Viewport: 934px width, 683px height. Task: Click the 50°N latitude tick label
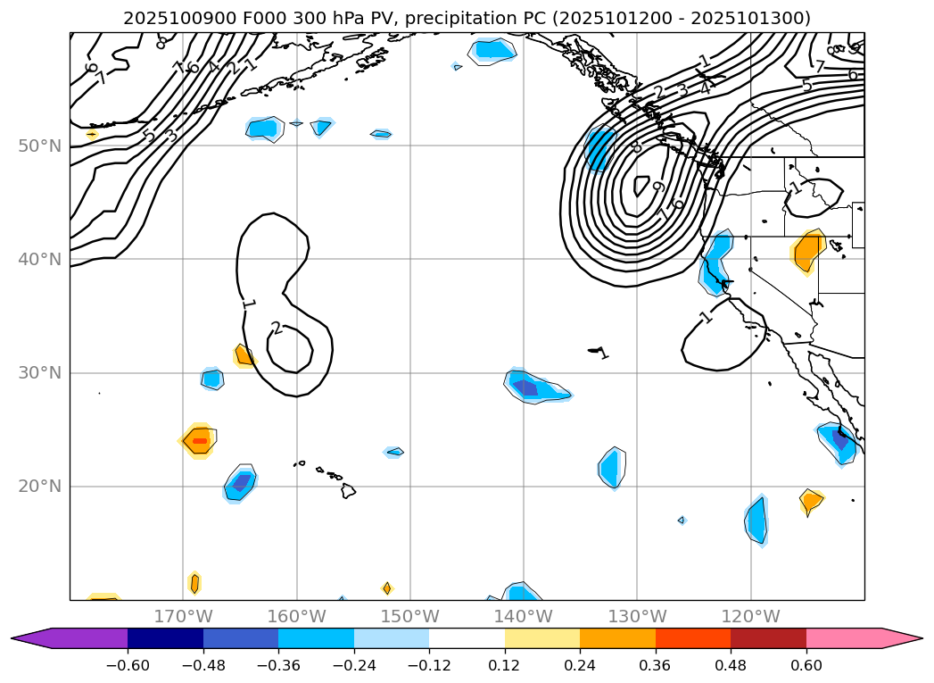click(39, 146)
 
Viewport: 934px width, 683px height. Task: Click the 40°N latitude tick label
click(39, 260)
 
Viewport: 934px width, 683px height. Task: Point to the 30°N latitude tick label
click(39, 373)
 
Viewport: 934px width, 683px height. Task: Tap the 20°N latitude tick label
click(39, 487)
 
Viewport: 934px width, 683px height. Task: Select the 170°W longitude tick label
click(183, 616)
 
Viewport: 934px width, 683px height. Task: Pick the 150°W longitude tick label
click(410, 616)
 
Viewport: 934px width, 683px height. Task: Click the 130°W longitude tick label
click(637, 616)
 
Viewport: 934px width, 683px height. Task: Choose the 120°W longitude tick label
click(750, 616)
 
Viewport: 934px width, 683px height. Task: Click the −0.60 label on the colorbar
click(128, 665)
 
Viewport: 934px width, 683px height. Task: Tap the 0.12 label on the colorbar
click(504, 665)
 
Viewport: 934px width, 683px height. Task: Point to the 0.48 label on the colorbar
click(731, 665)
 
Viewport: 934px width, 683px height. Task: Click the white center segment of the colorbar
click(467, 638)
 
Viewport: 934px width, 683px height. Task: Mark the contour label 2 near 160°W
click(277, 329)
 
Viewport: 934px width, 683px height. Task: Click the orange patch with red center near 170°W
click(199, 440)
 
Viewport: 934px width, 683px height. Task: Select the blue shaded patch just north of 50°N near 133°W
click(599, 147)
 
